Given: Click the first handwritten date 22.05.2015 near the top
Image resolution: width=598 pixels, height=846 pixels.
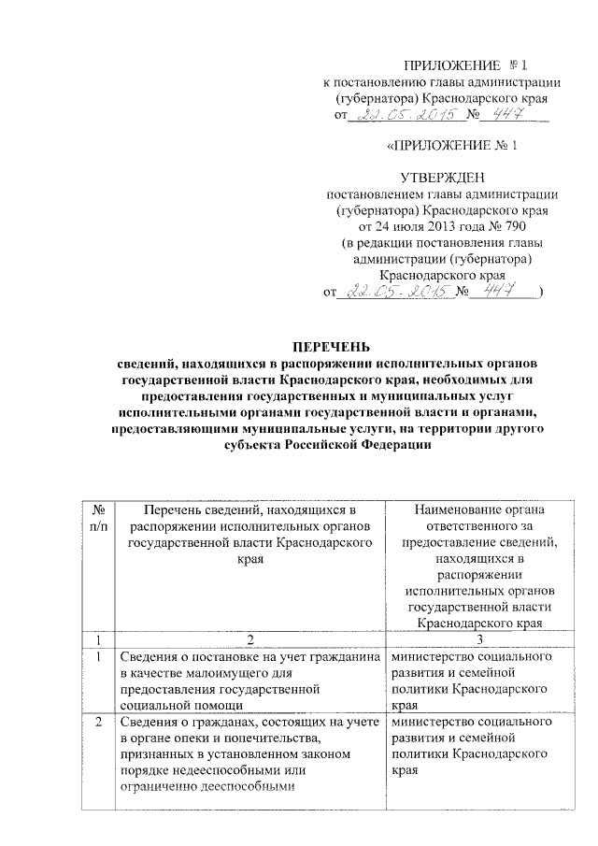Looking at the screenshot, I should click(407, 115).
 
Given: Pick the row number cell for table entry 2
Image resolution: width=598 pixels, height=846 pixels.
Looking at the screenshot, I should click(99, 723).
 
